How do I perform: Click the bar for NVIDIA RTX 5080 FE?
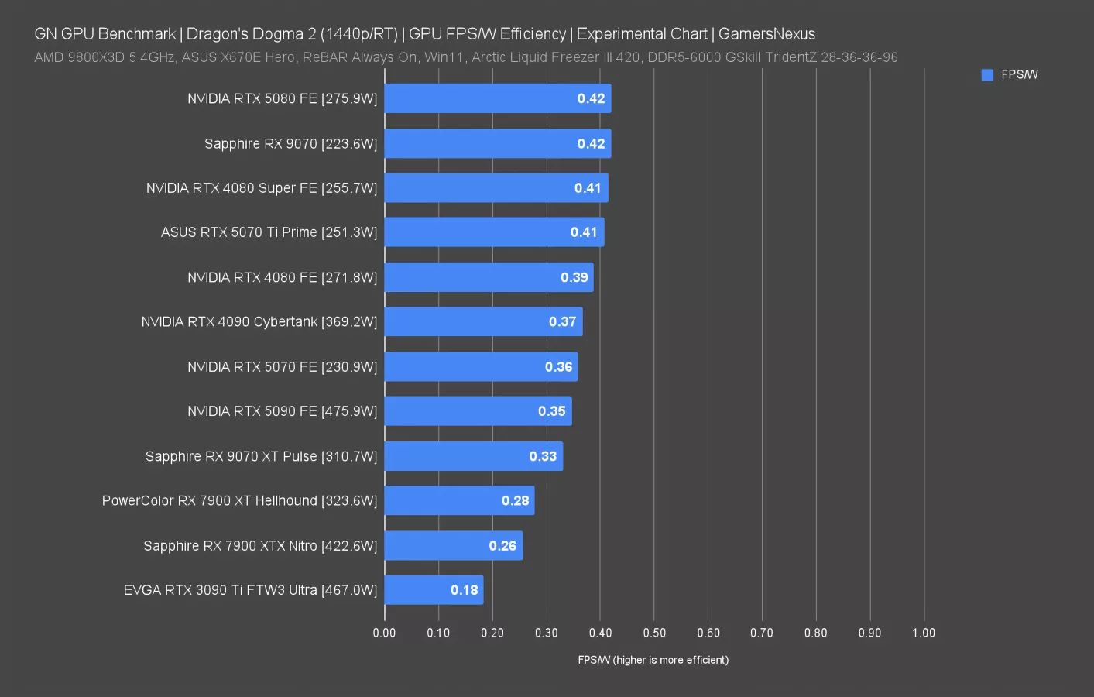click(497, 98)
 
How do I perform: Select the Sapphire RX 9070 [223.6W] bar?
click(497, 143)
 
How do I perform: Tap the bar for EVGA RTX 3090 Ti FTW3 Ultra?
click(434, 590)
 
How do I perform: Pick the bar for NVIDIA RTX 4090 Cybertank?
click(483, 321)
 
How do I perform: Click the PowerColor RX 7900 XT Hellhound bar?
click(459, 500)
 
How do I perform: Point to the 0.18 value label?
click(465, 590)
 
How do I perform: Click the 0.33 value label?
click(543, 456)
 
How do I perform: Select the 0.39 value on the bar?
click(574, 277)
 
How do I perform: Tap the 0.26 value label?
click(502, 546)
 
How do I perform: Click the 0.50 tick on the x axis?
click(654, 633)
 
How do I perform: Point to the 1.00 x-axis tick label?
click(923, 633)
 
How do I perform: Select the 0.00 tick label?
click(384, 633)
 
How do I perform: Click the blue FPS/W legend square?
click(987, 75)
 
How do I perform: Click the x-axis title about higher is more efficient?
click(653, 660)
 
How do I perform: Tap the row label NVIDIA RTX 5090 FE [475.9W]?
click(282, 411)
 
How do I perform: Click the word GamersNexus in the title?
click(766, 34)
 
